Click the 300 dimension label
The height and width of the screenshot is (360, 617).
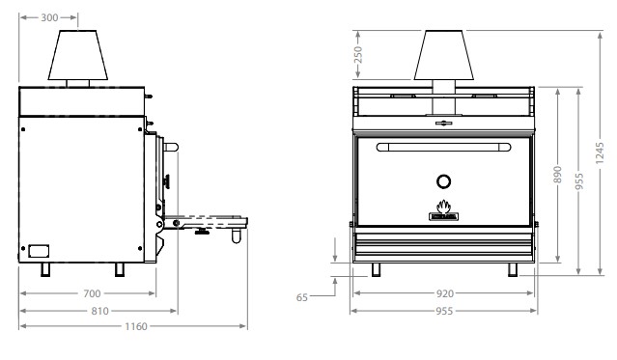(x=49, y=17)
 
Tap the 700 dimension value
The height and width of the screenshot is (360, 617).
(x=92, y=293)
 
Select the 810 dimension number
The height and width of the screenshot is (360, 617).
(x=99, y=311)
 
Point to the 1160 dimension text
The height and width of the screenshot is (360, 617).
(x=136, y=326)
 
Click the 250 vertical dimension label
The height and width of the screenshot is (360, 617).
(x=358, y=55)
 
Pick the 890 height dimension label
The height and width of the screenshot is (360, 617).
(x=557, y=175)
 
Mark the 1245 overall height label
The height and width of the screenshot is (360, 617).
(x=600, y=153)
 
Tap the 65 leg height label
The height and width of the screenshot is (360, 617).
(x=302, y=297)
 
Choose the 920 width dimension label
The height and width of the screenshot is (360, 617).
(x=445, y=293)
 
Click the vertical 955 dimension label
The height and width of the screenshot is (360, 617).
(x=578, y=181)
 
